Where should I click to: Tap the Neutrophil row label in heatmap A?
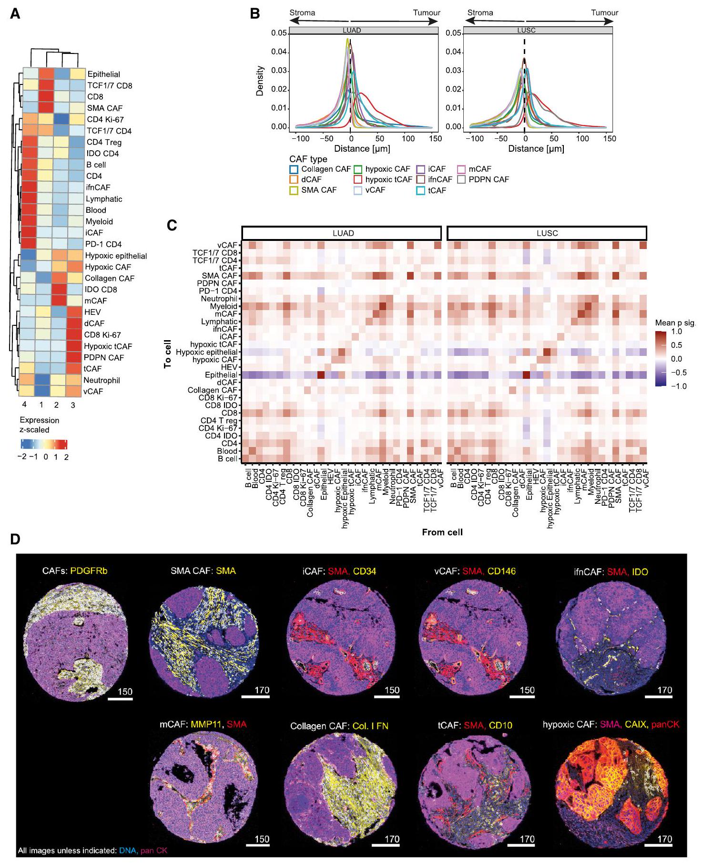(x=102, y=380)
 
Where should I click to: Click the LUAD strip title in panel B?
(x=352, y=30)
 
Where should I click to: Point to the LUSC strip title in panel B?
(x=526, y=30)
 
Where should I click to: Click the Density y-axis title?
(x=260, y=81)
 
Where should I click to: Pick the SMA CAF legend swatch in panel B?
(x=294, y=190)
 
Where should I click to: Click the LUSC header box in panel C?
(x=547, y=233)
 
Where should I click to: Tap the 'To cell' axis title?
(x=168, y=354)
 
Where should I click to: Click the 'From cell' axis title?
(x=442, y=532)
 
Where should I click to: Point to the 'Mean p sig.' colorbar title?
(x=675, y=323)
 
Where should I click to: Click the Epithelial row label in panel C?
(x=221, y=375)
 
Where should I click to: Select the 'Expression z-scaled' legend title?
(x=40, y=425)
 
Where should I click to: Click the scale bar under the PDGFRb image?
(x=120, y=699)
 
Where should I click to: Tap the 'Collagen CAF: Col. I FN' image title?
(x=339, y=726)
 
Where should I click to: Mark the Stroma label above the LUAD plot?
(x=302, y=12)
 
